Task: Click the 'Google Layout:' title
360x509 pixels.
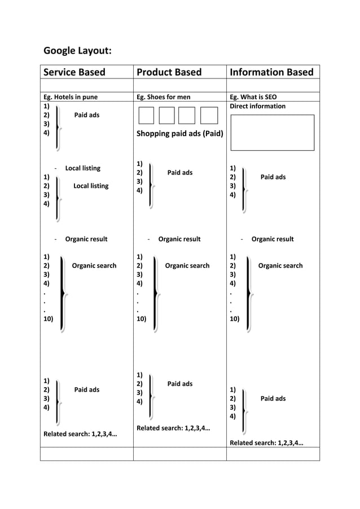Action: point(77,51)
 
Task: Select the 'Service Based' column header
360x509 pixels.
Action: point(74,72)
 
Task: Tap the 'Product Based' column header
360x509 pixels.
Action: point(169,72)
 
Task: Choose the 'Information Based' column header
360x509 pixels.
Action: point(271,72)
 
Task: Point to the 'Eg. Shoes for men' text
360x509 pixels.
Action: point(164,97)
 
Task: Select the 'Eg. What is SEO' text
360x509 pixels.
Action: point(253,97)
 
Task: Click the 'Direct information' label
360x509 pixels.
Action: point(257,106)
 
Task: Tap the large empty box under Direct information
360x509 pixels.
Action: point(272,133)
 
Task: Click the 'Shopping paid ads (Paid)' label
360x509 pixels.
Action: point(179,134)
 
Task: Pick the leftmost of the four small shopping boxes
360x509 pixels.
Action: point(146,115)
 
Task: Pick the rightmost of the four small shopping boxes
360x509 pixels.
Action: point(209,115)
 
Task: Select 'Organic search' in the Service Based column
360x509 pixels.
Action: point(94,266)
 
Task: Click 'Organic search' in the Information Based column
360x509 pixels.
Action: point(280,266)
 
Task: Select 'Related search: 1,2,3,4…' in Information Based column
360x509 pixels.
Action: point(266,442)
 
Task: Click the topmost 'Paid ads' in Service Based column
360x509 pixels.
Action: point(87,115)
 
